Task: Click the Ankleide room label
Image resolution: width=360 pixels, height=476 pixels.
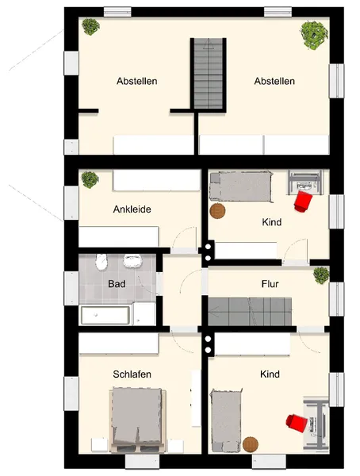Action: point(132,209)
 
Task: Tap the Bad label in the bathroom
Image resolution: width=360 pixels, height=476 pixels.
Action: point(117,284)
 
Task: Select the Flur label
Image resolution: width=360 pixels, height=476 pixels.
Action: point(270,284)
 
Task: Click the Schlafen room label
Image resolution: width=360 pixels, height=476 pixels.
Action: point(132,374)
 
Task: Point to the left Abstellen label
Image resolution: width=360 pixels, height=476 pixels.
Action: point(137,81)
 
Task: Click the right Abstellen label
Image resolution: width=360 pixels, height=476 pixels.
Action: point(274,81)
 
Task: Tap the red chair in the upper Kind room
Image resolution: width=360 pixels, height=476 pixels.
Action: point(303,201)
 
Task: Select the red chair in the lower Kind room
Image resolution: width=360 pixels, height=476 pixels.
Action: point(297,423)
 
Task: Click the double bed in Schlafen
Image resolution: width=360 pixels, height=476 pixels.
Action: point(138,420)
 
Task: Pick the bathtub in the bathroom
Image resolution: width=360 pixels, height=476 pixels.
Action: point(105,316)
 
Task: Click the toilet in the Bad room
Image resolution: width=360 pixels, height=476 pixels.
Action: point(101,262)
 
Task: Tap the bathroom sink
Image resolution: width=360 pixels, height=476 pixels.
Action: point(132,261)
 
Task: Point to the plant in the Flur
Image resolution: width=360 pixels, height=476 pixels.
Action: point(321,275)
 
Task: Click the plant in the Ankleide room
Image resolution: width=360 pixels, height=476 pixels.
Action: point(90,179)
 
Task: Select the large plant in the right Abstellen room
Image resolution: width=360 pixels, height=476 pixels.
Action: point(315,35)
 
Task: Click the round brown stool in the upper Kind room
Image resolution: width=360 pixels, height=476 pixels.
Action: point(217,211)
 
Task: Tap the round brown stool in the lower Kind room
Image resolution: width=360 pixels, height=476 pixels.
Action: point(251,444)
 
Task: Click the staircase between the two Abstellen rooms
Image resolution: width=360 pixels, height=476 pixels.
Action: point(209,74)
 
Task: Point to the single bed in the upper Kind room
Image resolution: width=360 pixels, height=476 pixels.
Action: point(241,186)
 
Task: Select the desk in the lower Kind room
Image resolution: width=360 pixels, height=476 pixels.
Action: point(316,423)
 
